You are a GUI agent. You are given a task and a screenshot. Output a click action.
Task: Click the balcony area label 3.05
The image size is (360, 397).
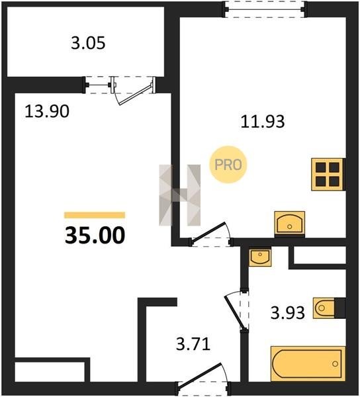click(88, 43)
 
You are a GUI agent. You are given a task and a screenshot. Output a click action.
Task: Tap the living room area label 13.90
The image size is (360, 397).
click(47, 111)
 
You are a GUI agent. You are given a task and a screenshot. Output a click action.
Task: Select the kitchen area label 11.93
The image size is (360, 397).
click(263, 121)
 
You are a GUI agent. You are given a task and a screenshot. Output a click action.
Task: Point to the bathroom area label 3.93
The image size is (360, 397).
click(287, 312)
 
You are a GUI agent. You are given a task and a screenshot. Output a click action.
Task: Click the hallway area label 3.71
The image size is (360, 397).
click(193, 344)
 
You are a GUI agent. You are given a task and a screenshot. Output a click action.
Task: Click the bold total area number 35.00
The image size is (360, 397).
click(95, 235)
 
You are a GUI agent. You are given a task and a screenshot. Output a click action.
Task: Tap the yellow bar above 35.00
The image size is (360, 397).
click(95, 215)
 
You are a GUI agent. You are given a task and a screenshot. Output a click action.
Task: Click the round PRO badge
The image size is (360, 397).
click(228, 165)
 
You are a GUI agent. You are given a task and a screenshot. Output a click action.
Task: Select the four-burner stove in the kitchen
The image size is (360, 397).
click(328, 174)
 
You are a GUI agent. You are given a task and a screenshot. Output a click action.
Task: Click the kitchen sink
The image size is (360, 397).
click(290, 224)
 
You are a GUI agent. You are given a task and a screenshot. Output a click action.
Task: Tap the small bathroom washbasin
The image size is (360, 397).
click(260, 257)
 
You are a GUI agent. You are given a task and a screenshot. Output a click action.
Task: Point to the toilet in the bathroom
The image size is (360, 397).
click(329, 308)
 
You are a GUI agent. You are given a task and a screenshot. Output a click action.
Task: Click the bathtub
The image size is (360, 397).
click(308, 363)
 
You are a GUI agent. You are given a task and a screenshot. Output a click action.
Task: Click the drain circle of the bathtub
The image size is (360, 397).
click(336, 364)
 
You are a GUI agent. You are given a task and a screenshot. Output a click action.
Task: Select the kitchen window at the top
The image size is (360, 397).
click(265, 10)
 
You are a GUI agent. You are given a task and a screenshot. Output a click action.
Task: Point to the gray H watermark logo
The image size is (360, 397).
click(180, 195)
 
